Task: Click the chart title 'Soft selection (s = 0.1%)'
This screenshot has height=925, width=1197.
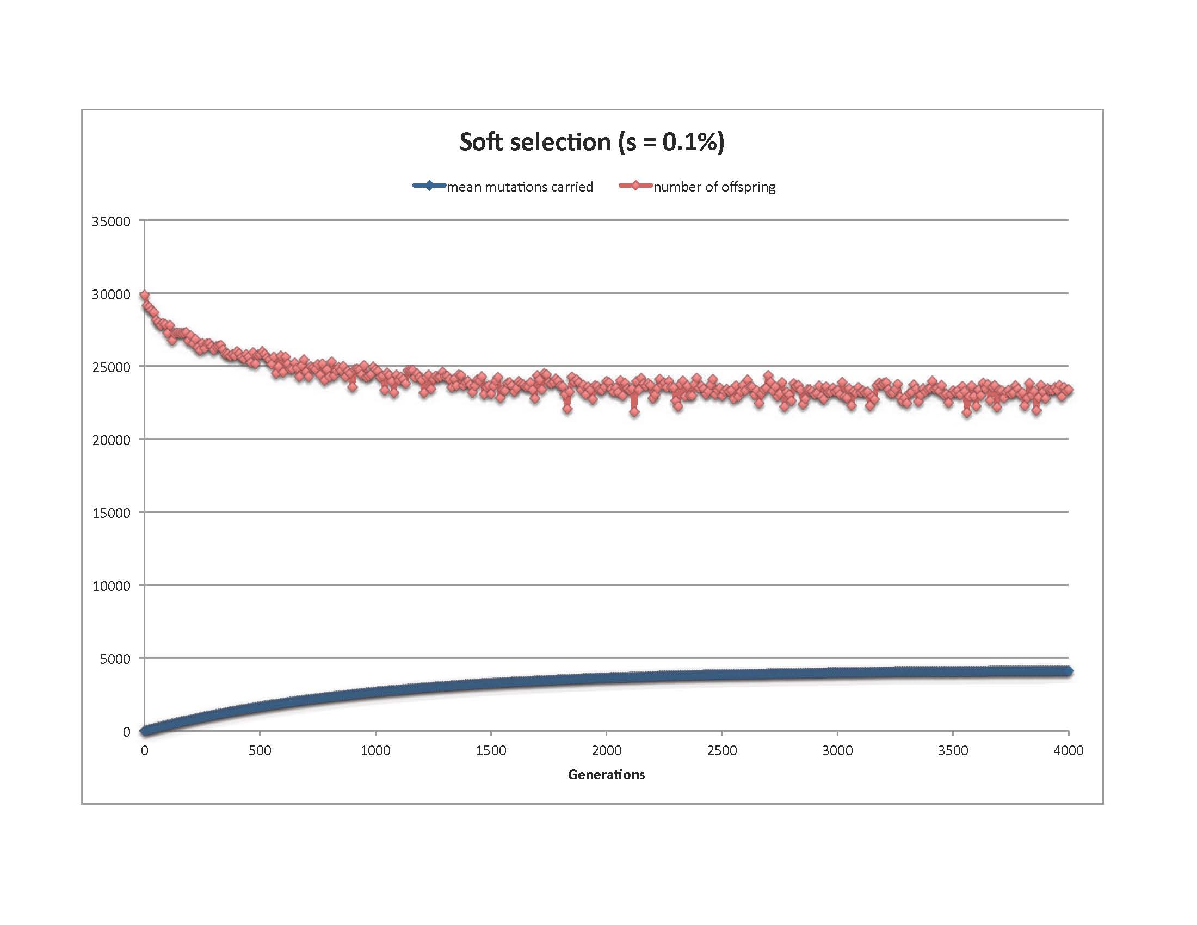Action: (592, 142)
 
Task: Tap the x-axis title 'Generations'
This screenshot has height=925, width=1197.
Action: (606, 774)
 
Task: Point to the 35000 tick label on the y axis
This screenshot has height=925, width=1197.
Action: (111, 221)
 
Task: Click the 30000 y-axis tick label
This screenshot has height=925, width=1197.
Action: (111, 294)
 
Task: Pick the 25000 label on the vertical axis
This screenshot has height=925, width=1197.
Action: (111, 367)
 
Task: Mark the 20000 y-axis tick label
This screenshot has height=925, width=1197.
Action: (111, 440)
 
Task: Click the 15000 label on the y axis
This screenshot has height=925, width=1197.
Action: (111, 513)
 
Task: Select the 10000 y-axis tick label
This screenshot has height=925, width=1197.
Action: (111, 586)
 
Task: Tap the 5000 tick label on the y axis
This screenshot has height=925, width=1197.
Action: (115, 659)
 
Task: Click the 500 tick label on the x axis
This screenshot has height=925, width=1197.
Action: (260, 750)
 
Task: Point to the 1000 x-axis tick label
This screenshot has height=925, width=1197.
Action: (375, 750)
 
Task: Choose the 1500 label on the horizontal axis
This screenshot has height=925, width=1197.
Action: (491, 750)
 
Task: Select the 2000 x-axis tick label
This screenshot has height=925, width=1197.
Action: (606, 750)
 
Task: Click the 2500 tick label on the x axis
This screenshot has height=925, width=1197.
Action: (722, 750)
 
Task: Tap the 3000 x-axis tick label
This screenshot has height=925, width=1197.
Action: (837, 750)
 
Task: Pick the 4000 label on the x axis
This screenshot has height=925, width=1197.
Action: (1068, 750)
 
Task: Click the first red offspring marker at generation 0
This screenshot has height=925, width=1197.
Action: (145, 295)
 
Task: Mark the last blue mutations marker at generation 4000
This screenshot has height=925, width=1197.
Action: (1068, 671)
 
